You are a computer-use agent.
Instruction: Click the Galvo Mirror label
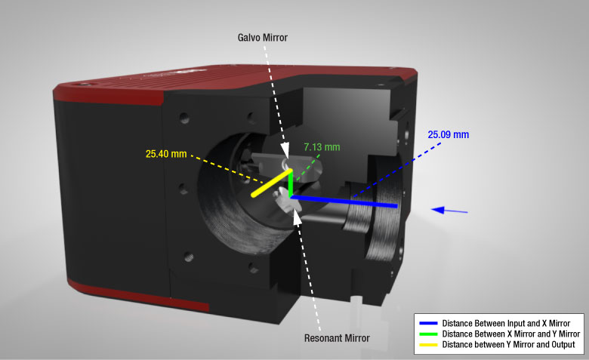point(263,38)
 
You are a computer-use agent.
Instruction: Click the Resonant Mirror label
point(337,338)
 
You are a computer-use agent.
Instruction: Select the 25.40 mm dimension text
point(166,154)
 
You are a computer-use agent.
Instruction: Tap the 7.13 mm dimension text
point(322,147)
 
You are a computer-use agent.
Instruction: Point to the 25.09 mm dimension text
point(449,134)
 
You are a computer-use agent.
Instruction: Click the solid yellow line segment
point(272,183)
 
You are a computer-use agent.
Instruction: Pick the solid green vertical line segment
point(291,183)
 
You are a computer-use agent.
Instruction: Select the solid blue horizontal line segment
point(344,201)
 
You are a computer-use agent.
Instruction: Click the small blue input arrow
point(449,211)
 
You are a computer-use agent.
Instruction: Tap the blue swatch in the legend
point(428,323)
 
